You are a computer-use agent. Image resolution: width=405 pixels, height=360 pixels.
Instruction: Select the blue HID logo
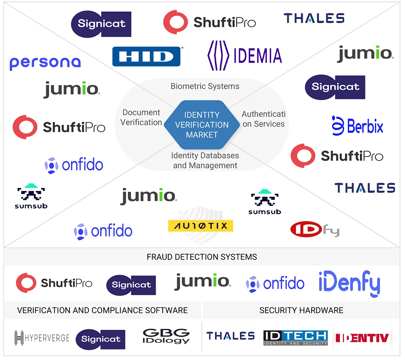pyautogui.click(x=146, y=56)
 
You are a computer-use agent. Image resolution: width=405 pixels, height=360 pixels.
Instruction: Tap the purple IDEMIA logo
pyautogui.click(x=245, y=56)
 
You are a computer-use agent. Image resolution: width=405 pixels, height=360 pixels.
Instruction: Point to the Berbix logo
pyautogui.click(x=357, y=126)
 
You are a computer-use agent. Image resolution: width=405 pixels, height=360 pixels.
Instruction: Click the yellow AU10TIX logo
pyautogui.click(x=200, y=226)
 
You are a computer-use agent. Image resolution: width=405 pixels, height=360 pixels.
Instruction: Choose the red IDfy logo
pyautogui.click(x=315, y=229)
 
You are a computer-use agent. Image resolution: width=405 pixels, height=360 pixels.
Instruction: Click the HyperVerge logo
pyautogui.click(x=42, y=338)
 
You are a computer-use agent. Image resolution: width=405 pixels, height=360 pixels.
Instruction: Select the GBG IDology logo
pyautogui.click(x=166, y=336)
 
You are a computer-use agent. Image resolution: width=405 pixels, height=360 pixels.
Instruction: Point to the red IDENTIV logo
pyautogui.click(x=362, y=338)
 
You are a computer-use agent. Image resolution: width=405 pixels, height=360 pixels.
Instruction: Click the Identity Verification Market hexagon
pyautogui.click(x=202, y=125)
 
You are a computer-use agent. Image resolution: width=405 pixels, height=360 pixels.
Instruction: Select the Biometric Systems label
pyautogui.click(x=205, y=86)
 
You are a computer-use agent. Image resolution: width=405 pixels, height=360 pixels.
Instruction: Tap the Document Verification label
pyautogui.click(x=141, y=117)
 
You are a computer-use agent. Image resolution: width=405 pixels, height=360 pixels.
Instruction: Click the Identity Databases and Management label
pyautogui.click(x=205, y=161)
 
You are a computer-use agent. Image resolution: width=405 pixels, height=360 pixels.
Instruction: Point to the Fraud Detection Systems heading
pyautogui.click(x=202, y=257)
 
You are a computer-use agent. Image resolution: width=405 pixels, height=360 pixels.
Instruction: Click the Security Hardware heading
pyautogui.click(x=301, y=310)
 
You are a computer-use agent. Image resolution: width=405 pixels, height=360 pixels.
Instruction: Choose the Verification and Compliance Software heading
pyautogui.click(x=102, y=310)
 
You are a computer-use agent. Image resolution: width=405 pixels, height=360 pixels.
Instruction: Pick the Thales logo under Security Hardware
pyautogui.click(x=231, y=336)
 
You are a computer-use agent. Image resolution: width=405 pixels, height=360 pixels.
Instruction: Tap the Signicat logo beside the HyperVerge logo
pyautogui.click(x=100, y=339)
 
